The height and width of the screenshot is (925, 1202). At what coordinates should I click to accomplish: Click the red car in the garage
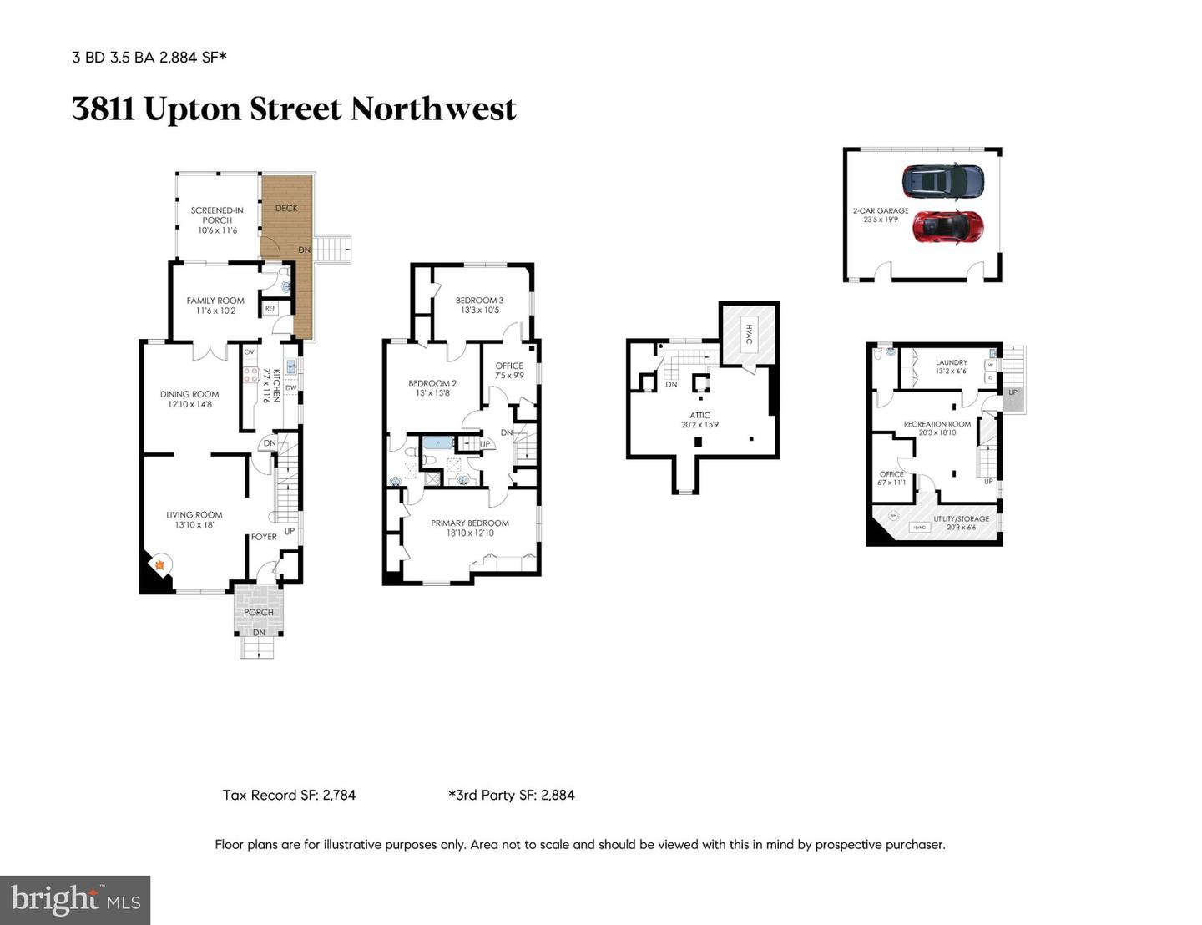[947, 225]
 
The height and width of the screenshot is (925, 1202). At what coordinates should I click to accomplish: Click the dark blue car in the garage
[942, 181]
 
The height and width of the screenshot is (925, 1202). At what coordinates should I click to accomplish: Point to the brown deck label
[286, 209]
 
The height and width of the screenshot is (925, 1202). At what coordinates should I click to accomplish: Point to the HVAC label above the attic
[749, 335]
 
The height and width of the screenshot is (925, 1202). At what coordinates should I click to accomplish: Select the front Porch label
[259, 612]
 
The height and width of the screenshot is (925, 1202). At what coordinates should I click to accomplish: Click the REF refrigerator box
[270, 308]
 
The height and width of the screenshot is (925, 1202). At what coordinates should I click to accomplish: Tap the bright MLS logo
[75, 900]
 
